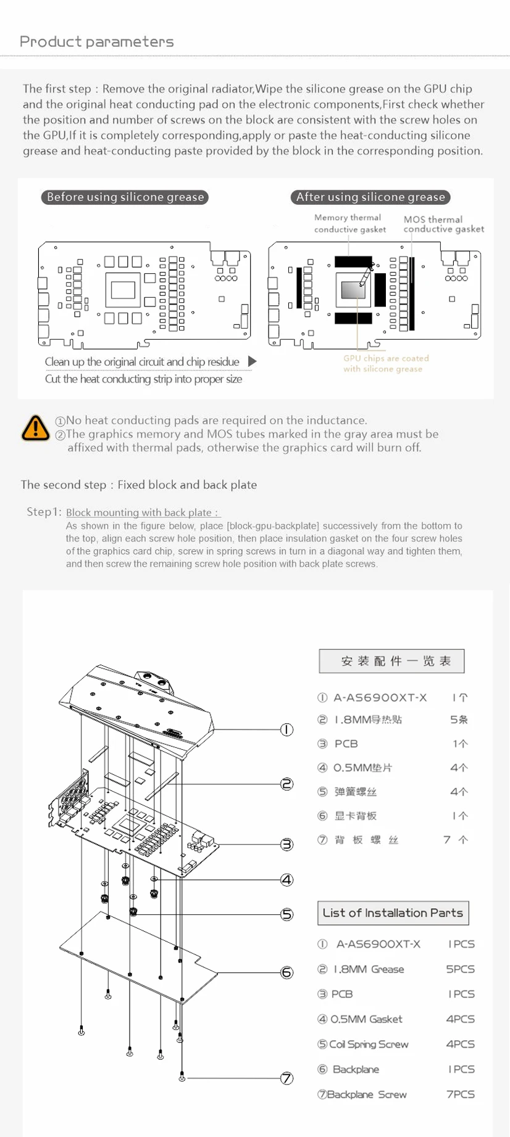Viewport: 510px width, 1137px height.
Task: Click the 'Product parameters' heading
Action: (97, 42)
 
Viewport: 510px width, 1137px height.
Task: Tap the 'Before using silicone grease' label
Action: (125, 197)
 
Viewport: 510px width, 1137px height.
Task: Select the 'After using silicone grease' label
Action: (370, 197)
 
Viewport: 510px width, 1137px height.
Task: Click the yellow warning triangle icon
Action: (36, 427)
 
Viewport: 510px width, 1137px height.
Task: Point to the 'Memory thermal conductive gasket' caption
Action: (349, 223)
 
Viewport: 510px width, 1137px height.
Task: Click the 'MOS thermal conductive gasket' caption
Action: (443, 224)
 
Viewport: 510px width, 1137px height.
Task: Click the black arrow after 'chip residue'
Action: (252, 361)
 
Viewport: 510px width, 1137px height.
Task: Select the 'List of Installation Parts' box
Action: (393, 913)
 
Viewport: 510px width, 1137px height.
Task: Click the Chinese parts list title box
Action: (391, 661)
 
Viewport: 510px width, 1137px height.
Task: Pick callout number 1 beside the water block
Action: (286, 729)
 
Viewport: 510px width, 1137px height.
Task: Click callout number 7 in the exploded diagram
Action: (286, 1078)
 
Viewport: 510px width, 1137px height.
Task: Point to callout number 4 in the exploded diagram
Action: (286, 879)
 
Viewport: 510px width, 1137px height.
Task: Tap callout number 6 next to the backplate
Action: (286, 972)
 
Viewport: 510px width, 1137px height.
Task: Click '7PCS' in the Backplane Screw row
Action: (460, 1094)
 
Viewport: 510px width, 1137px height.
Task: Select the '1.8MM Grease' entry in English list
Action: (369, 969)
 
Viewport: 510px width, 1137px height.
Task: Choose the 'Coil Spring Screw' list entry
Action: (369, 1044)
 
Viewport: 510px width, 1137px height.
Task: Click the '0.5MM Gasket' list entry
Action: (366, 1019)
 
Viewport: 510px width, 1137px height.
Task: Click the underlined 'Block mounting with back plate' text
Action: (142, 512)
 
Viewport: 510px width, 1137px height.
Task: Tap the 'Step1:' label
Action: (44, 512)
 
